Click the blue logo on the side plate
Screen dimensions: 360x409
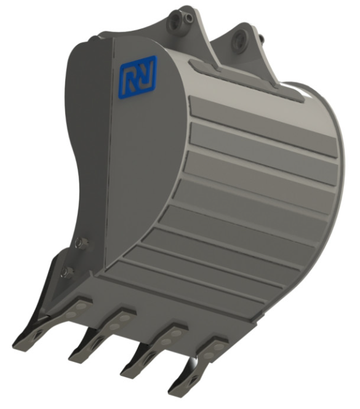[x=138, y=77]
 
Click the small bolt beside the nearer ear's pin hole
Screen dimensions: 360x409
[x=188, y=18]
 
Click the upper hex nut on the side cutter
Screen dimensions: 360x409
[x=79, y=243]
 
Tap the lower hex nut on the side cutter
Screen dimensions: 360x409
[x=66, y=272]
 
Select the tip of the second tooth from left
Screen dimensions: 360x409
[x=72, y=359]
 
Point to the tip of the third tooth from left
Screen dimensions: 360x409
[x=124, y=373]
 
